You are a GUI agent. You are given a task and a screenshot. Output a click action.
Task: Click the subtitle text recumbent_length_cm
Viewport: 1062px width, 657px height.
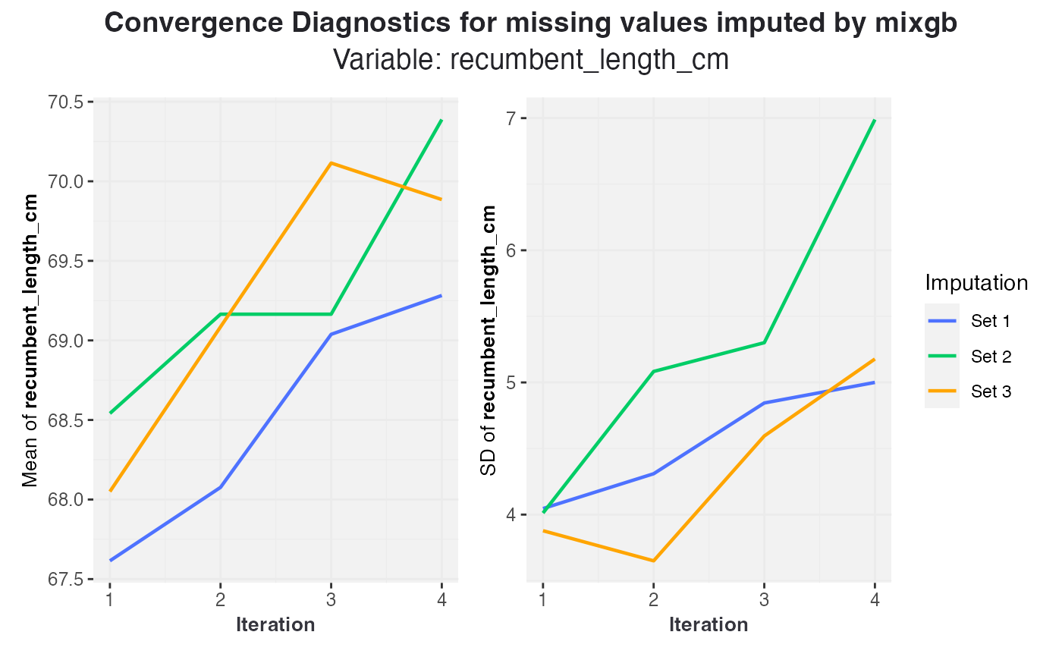[x=589, y=59]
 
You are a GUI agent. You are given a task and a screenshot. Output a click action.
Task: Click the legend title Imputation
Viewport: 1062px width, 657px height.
[x=976, y=283]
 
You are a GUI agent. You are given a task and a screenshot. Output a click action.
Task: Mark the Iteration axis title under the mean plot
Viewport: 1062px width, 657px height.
[x=275, y=625]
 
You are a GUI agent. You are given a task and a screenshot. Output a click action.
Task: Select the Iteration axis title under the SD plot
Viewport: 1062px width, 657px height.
[x=709, y=625]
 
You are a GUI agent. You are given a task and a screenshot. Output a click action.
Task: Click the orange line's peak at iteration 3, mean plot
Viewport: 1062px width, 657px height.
[x=331, y=163]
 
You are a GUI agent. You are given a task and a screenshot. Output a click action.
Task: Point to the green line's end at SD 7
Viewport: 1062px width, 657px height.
[x=875, y=120]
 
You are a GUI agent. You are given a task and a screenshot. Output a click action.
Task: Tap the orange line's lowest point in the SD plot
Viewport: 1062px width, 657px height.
[x=653, y=561]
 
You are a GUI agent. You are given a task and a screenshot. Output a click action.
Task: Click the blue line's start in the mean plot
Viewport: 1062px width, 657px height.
[x=110, y=561]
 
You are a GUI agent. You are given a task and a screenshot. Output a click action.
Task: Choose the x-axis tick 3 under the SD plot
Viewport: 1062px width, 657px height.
[x=764, y=599]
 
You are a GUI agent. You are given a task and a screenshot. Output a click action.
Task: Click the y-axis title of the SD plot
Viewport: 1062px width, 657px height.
[x=490, y=340]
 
